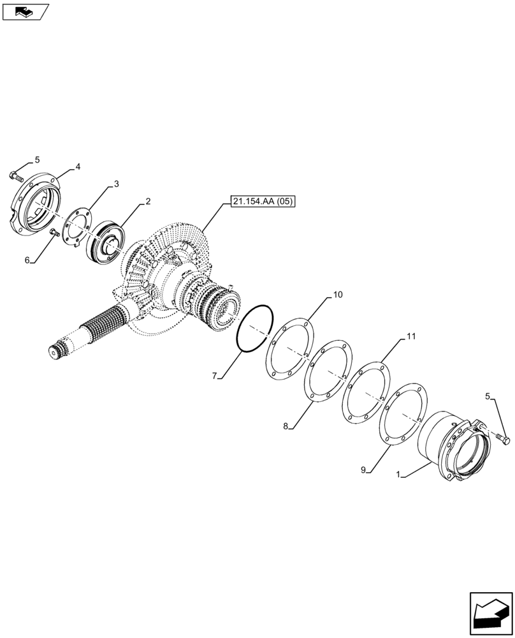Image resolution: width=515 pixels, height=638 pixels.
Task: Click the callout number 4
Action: coord(78,167)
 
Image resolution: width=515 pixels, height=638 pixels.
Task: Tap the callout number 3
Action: coord(116,184)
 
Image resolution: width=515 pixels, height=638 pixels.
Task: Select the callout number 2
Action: coord(148,202)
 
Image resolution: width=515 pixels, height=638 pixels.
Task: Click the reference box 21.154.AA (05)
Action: coord(264,202)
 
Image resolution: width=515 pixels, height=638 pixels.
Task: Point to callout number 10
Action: coord(337,295)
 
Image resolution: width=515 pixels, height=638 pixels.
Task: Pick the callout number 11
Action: coord(411,336)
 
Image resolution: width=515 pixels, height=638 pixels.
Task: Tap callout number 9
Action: coord(363,470)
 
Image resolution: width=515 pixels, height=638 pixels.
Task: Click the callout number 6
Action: coord(27,260)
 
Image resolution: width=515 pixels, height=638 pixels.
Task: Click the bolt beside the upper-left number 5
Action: coord(17,174)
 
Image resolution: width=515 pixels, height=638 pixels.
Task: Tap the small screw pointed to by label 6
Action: coord(54,234)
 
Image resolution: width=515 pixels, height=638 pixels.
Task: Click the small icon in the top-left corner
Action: coord(25,11)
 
